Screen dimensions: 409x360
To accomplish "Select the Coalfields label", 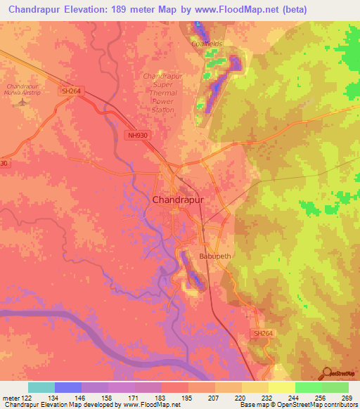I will coord(207,44).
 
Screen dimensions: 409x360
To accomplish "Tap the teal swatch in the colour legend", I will coord(41,387).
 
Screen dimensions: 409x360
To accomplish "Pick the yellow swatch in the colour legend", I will coord(282,387).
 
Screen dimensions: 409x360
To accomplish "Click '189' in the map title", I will coord(129,8).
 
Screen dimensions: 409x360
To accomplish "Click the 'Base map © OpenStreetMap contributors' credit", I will coord(299,405).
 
